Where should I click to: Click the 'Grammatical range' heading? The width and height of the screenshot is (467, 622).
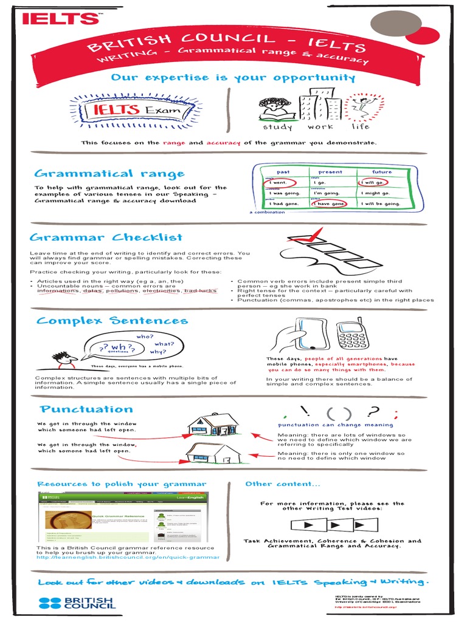[109, 174]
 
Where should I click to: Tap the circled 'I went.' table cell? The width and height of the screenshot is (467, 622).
[280, 182]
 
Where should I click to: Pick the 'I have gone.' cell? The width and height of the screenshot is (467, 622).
[330, 203]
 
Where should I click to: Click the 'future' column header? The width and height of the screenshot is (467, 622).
[382, 172]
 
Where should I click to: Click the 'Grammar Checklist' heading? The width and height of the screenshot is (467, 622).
[106, 238]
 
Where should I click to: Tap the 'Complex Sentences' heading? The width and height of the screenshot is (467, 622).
[112, 320]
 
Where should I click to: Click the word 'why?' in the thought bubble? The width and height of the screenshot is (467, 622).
[158, 352]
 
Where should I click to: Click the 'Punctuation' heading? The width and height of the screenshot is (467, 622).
[86, 409]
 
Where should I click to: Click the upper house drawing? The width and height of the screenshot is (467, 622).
[213, 423]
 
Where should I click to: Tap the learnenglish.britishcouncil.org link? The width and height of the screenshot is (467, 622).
[128, 557]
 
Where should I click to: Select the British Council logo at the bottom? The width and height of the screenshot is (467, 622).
[77, 603]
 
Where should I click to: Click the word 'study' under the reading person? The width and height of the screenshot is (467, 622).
[277, 127]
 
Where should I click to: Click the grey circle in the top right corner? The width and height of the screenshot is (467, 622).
[396, 24]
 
